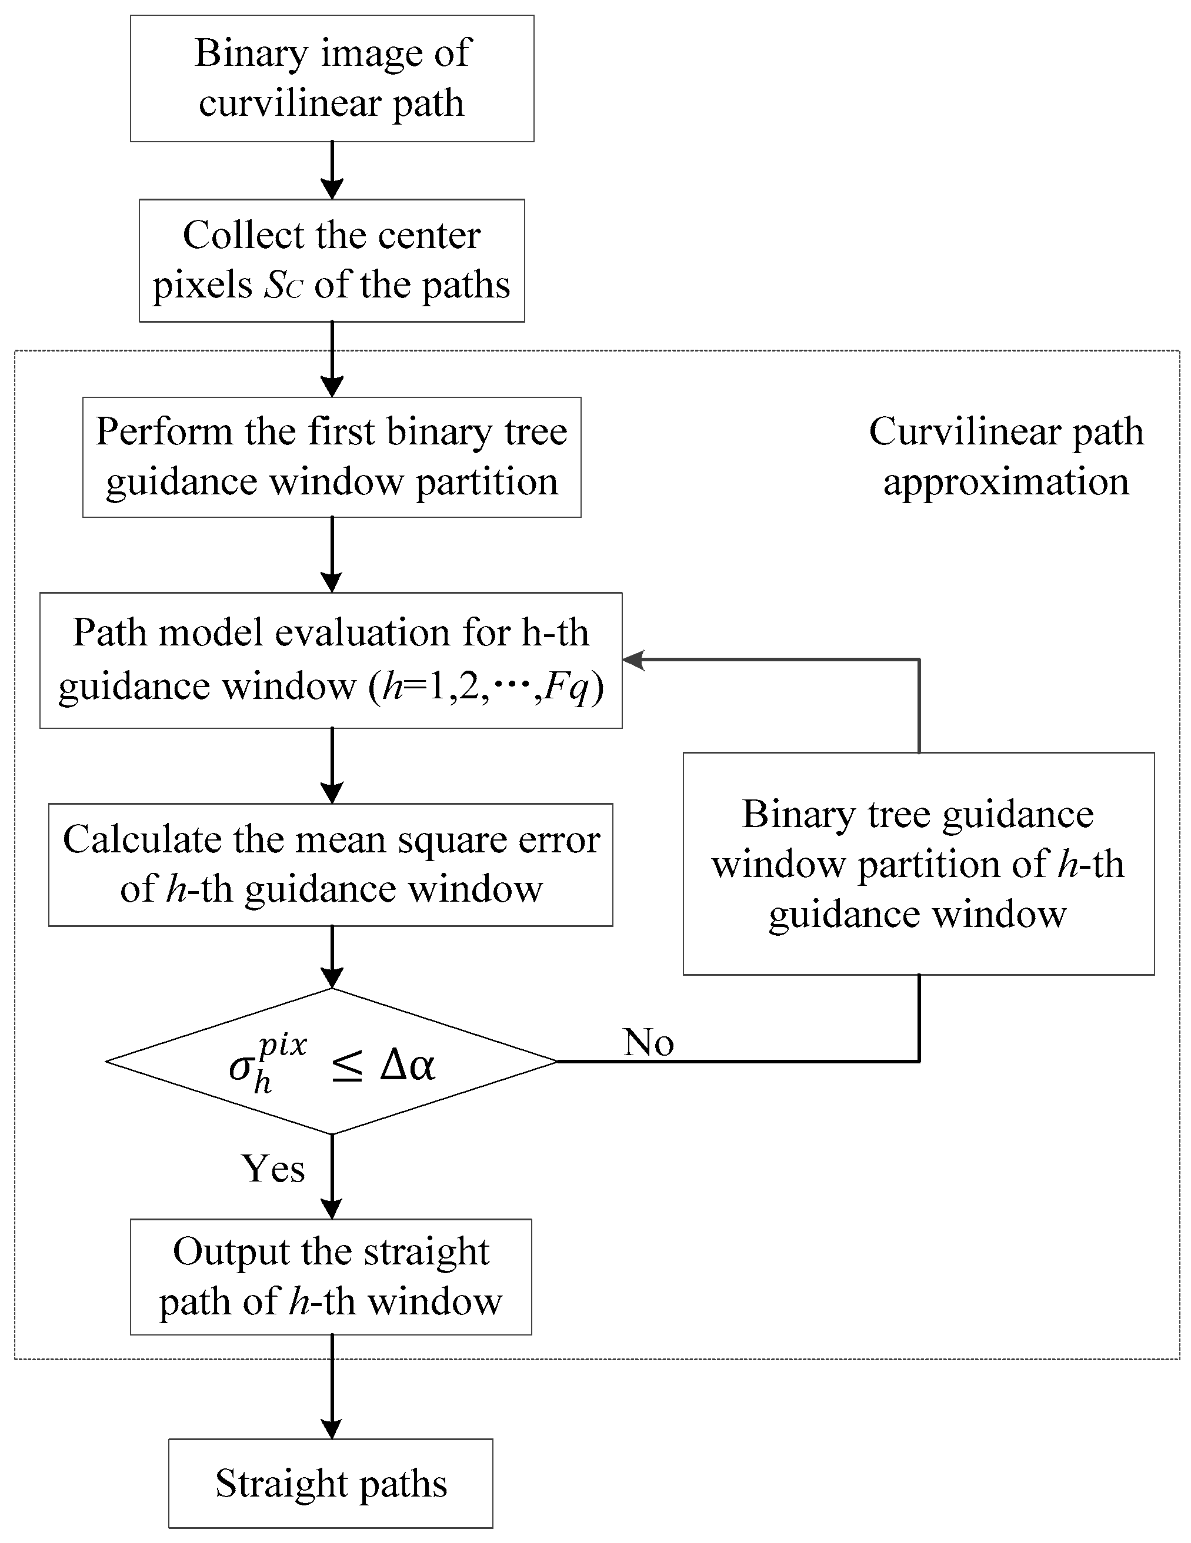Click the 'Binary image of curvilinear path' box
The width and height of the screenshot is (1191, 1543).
coord(332,78)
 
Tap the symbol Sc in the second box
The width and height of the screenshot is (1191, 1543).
coord(283,286)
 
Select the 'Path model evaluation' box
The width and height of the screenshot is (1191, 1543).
coord(331,660)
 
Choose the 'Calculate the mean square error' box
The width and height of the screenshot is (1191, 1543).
coord(330,864)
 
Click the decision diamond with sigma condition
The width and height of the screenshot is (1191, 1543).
coord(332,1060)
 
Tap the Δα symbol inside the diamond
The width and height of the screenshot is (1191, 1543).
coord(407,1065)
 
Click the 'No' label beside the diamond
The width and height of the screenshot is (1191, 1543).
coord(648,1042)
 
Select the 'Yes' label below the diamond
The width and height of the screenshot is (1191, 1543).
coord(273,1169)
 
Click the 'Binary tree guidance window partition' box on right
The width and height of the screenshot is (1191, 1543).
coord(918,863)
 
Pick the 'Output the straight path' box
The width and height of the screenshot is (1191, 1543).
coord(331,1277)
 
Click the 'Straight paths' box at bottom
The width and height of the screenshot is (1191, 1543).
coord(331,1484)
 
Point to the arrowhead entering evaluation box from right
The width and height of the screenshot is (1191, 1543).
coord(633,660)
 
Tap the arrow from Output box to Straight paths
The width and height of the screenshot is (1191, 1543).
coord(332,1386)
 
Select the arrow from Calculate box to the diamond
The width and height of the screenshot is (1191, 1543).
coord(332,956)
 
